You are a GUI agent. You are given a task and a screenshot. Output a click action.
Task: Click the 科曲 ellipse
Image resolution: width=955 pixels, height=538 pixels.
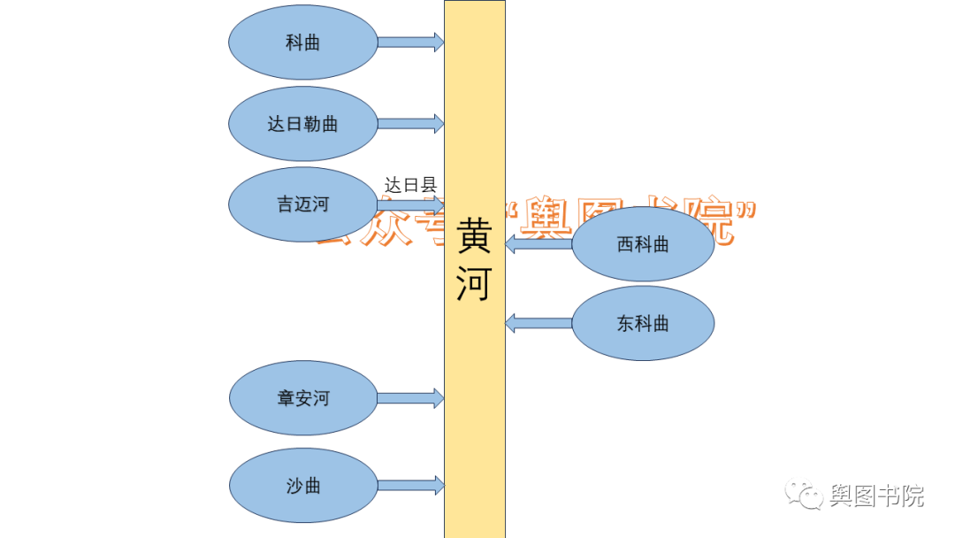(303, 42)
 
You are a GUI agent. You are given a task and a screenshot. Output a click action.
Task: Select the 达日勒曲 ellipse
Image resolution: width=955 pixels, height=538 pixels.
(303, 124)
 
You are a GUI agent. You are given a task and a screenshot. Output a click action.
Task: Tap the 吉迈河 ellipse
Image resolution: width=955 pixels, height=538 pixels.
(303, 204)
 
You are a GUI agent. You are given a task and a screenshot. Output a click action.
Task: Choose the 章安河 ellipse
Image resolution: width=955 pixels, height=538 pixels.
(303, 398)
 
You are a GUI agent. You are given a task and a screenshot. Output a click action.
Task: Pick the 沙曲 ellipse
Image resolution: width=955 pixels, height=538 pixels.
(303, 486)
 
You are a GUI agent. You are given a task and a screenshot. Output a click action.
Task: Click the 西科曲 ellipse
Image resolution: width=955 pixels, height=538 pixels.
(643, 244)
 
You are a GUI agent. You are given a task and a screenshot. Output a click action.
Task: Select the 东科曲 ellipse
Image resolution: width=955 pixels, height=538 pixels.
(643, 323)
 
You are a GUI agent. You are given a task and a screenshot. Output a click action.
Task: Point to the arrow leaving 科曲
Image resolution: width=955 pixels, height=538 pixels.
(410, 42)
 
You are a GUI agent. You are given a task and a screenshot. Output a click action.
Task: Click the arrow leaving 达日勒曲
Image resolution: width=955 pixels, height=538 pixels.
(410, 124)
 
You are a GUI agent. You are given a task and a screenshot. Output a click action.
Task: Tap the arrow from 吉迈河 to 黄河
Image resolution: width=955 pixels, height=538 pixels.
(410, 205)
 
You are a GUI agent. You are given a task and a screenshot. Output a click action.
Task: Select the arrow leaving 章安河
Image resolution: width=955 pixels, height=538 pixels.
(410, 398)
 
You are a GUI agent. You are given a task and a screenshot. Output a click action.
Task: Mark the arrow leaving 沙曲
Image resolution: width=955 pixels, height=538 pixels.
(410, 485)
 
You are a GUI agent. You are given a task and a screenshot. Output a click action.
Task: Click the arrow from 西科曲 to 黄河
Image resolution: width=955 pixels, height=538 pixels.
(539, 243)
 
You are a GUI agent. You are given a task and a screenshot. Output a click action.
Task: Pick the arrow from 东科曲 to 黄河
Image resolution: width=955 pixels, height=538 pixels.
(539, 323)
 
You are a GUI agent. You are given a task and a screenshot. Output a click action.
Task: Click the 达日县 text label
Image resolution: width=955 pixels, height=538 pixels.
(410, 185)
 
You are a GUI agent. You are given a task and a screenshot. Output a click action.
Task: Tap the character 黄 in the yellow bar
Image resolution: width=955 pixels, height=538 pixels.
(474, 236)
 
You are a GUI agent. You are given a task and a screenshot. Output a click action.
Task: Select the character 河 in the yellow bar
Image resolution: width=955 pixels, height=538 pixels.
(474, 284)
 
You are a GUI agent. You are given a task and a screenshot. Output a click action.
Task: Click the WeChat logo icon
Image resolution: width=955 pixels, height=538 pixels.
(803, 496)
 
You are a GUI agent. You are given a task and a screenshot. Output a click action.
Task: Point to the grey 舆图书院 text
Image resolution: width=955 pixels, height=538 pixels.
(876, 496)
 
